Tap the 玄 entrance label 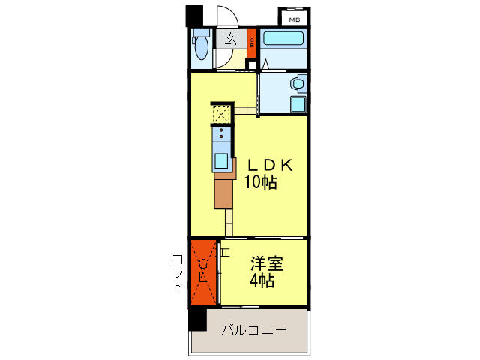(x=231, y=38)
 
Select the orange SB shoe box (x=252, y=40)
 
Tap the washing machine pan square (x=298, y=105)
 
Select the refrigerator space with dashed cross (x=220, y=114)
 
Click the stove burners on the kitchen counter (x=222, y=135)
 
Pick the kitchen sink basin (x=223, y=160)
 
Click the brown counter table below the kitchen (x=223, y=191)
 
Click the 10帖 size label (x=260, y=182)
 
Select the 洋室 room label (x=268, y=263)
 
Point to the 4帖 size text (x=262, y=281)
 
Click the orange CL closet (x=202, y=272)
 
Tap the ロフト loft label (x=178, y=273)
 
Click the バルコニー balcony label (x=253, y=330)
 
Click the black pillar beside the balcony (x=196, y=319)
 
